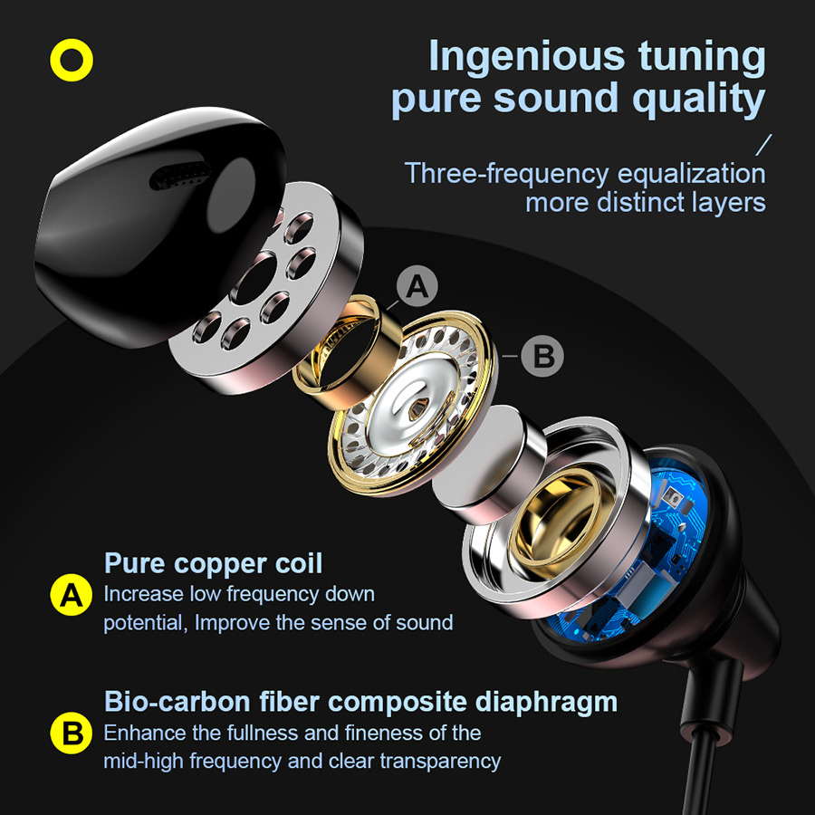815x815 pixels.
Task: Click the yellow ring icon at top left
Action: (x=72, y=61)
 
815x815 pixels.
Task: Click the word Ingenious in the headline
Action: (x=526, y=56)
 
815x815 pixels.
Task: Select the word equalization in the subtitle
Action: (x=692, y=174)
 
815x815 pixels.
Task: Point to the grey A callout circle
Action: (x=417, y=286)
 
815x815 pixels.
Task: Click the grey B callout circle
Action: (x=542, y=356)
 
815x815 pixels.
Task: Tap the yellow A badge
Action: (x=72, y=595)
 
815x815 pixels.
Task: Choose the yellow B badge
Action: (x=72, y=733)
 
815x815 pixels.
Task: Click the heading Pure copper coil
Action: (x=213, y=563)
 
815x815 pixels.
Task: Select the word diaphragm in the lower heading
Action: (x=546, y=703)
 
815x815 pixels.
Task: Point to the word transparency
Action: (x=440, y=762)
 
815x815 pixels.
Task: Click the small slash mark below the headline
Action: (x=763, y=145)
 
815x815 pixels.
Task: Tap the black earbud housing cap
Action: (x=156, y=224)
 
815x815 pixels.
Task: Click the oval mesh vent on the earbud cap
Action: (x=180, y=175)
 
